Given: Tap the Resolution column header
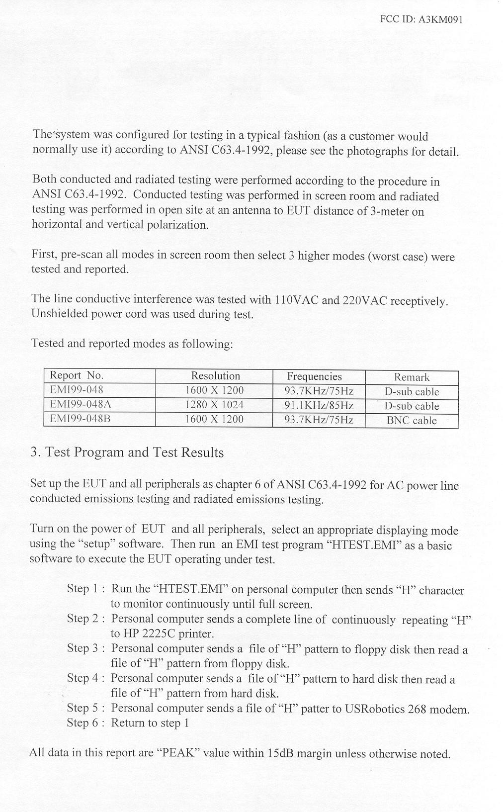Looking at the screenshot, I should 215,376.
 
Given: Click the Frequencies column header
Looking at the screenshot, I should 314,376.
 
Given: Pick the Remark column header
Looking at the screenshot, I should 412,377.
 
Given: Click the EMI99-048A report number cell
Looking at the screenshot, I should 80,404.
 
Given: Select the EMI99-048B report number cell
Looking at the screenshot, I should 80,419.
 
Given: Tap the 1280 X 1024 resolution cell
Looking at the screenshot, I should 214,405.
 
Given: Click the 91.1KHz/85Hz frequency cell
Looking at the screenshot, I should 319,405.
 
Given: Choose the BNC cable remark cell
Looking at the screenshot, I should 412,420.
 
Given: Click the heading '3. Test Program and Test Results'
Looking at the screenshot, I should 127,452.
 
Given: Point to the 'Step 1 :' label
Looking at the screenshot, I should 85,589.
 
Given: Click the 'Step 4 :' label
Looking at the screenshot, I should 85,678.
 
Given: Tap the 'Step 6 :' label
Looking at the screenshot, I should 85,722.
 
